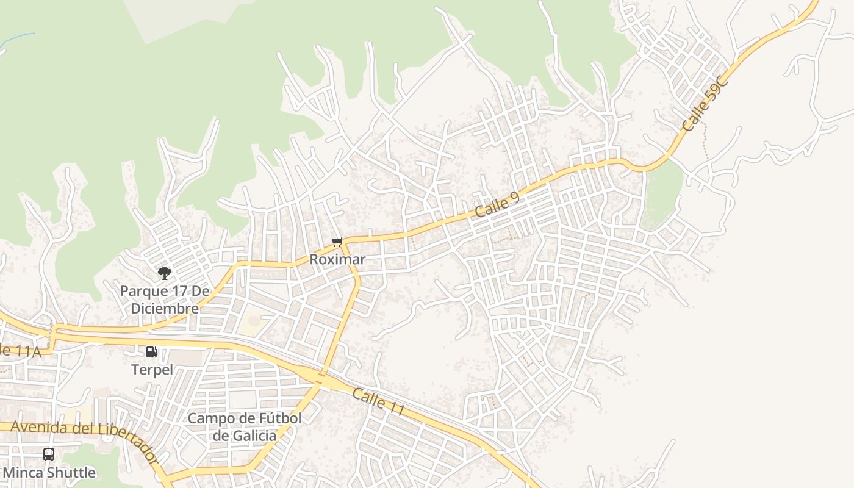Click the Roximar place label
coord(337,259)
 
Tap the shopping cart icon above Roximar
coord(337,242)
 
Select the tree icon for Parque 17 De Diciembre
coord(164,273)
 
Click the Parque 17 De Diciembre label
coord(160,299)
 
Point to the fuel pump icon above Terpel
coord(151,351)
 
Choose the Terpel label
coord(152,370)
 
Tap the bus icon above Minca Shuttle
coord(49,454)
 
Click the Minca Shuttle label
coord(49,473)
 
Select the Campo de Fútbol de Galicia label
coord(244,427)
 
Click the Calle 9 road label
coord(497,205)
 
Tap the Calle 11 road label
coord(378,403)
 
